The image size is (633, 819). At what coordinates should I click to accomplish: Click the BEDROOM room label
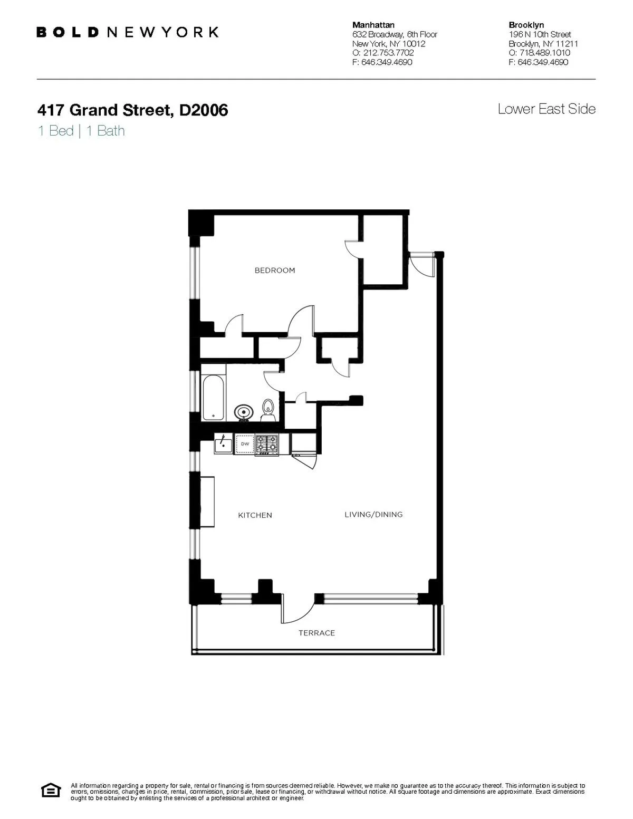tap(275, 271)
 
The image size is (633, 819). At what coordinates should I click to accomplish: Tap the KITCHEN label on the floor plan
tap(255, 515)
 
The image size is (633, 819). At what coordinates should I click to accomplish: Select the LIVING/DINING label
tap(373, 515)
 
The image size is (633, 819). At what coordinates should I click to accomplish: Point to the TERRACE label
tap(316, 633)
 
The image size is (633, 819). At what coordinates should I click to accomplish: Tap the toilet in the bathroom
tap(268, 409)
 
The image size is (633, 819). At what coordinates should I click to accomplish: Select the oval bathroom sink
tap(243, 412)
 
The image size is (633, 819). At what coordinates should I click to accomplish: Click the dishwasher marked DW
tap(245, 445)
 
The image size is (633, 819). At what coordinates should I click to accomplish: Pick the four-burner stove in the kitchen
tap(267, 445)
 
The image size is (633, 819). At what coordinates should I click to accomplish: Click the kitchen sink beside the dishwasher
tap(224, 444)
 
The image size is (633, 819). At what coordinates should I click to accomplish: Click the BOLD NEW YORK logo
tap(127, 32)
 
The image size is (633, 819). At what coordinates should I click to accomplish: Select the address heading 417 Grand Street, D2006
tap(132, 110)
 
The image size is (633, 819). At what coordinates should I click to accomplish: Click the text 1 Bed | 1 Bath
tap(81, 131)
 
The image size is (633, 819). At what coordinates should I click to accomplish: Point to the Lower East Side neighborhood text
tap(546, 109)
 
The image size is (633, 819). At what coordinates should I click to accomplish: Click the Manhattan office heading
tap(373, 25)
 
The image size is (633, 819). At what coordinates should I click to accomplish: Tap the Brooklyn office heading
tap(526, 25)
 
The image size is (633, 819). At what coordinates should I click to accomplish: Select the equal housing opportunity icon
tap(51, 791)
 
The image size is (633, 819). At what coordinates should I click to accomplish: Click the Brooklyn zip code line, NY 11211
tap(543, 44)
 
